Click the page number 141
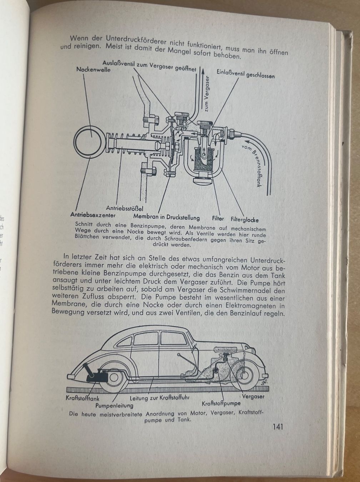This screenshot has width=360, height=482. (277, 427)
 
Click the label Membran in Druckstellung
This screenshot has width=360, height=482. (166, 217)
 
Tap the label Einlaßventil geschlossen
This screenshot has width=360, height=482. (245, 74)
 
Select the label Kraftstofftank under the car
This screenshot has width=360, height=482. (82, 398)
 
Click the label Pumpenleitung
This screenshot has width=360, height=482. (114, 406)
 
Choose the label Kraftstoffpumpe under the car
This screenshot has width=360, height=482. (221, 403)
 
